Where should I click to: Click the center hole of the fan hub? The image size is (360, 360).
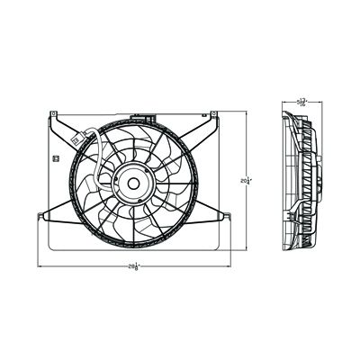132,183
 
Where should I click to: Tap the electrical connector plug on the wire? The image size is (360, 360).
83,139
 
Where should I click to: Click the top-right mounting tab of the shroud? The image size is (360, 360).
213,115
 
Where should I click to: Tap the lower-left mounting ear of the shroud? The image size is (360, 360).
42,214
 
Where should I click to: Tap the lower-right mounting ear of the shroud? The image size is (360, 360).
226,214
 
